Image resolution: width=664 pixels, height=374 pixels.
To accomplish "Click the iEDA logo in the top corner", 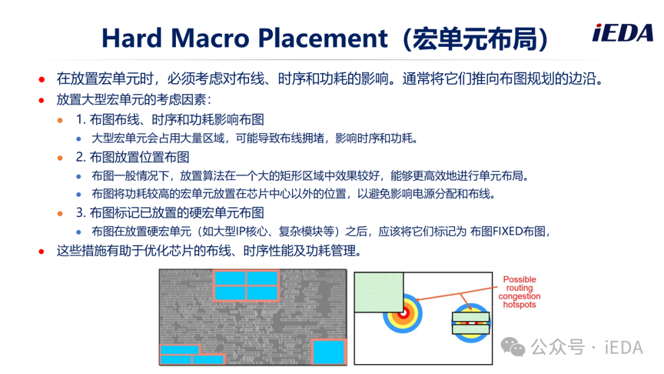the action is [x=622, y=33].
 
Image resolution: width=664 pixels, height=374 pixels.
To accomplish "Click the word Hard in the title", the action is [x=132, y=38].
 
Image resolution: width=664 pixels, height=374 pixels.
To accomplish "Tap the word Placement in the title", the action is [x=323, y=38].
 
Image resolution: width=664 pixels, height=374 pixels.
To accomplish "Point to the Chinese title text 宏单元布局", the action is [x=475, y=39].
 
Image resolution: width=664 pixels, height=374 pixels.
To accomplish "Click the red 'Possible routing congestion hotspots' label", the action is [x=519, y=292].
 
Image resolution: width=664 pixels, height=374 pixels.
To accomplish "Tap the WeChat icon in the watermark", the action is [x=513, y=347].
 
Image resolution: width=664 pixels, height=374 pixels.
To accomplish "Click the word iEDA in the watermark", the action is [x=624, y=348].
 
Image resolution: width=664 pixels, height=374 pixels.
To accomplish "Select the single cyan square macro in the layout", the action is [x=328, y=352].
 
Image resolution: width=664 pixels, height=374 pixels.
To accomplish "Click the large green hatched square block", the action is [x=379, y=292].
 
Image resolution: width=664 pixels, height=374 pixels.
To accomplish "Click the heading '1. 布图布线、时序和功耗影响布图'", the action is [x=170, y=120].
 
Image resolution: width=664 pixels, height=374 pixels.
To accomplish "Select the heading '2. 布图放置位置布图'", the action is [x=133, y=157].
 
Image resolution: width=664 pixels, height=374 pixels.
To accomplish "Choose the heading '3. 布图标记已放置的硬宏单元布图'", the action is [x=170, y=213].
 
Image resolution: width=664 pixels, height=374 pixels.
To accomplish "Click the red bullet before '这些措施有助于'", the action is [x=42, y=252].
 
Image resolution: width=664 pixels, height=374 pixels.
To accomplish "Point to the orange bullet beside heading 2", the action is [x=60, y=158].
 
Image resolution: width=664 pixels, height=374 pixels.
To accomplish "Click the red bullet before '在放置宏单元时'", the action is [x=42, y=79].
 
